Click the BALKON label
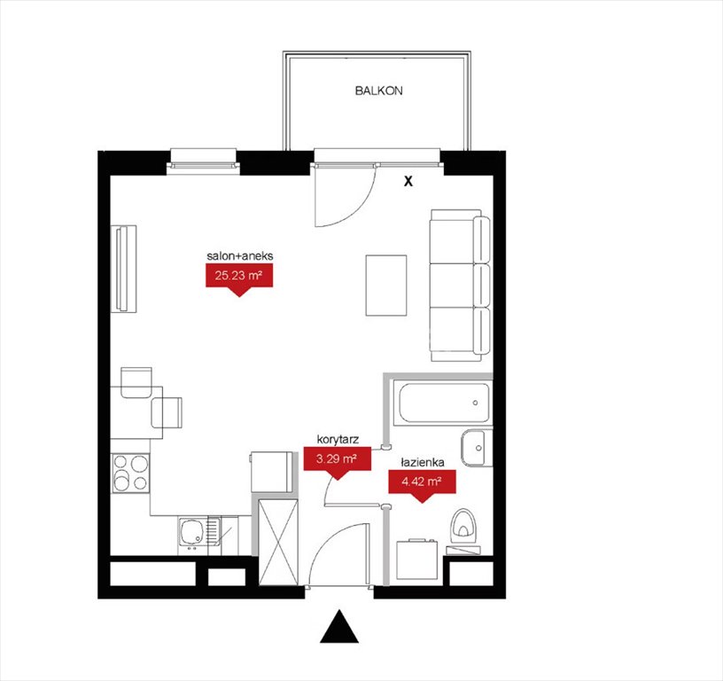tap(378, 90)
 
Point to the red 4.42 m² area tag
tap(422, 483)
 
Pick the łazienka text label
tap(422, 462)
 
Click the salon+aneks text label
tap(239, 255)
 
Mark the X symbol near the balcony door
tap(408, 182)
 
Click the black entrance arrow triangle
tap(338, 627)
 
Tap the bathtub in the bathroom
tap(444, 403)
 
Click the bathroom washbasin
tap(475, 447)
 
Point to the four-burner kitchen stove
tap(129, 473)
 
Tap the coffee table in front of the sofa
tap(386, 285)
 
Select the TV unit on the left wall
tap(125, 268)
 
